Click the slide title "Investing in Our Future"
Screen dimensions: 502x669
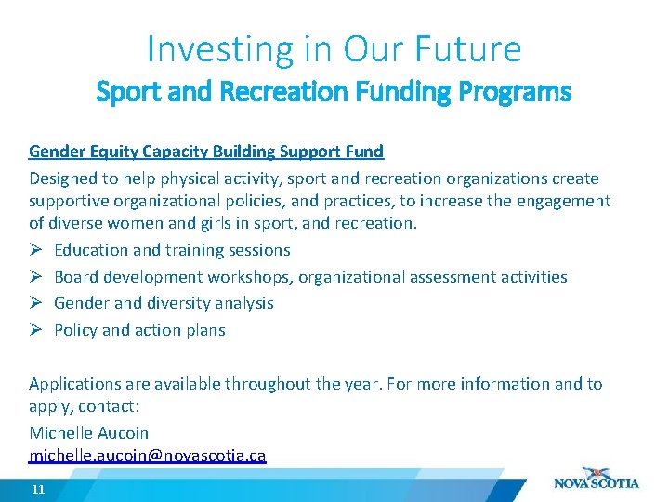[x=334, y=48]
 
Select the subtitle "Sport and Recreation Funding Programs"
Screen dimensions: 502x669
[x=334, y=93]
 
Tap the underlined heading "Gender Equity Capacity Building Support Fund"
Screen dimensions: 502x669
[x=206, y=152]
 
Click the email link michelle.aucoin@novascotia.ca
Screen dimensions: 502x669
[x=148, y=456]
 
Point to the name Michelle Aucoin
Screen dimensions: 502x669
[x=88, y=433]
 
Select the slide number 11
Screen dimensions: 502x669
[x=38, y=489]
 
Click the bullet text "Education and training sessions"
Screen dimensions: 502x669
[x=172, y=250]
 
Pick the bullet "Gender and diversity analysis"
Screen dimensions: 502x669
[x=164, y=303]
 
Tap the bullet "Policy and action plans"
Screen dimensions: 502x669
[x=139, y=330]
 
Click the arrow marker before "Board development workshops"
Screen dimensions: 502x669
[x=35, y=277]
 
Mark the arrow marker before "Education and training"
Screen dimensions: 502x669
[x=35, y=250]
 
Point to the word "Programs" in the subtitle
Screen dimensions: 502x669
[x=527, y=93]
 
